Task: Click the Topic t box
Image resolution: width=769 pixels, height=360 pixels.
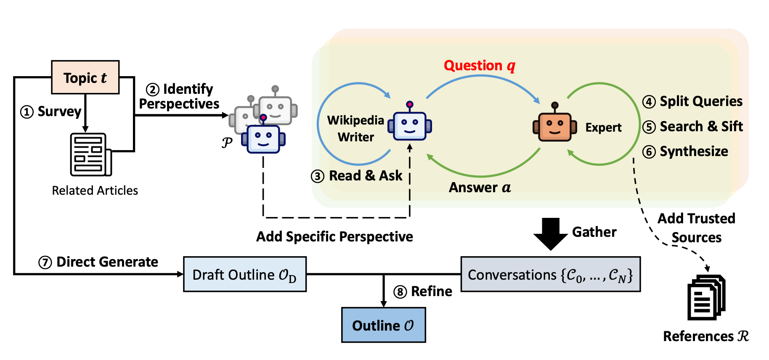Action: (85, 77)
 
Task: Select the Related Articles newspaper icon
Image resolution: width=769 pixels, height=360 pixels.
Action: (91, 154)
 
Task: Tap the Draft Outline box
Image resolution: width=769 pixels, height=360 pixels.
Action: (245, 274)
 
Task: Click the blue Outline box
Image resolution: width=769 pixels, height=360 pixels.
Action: (384, 325)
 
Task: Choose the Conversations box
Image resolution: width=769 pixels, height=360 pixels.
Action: (551, 274)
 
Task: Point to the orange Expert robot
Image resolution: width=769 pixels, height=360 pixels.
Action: (554, 122)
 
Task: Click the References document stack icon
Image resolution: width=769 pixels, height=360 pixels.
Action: (707, 297)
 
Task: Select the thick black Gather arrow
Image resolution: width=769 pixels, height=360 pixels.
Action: (551, 234)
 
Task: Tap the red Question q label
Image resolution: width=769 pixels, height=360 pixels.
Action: (480, 66)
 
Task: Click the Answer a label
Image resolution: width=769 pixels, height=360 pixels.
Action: (480, 187)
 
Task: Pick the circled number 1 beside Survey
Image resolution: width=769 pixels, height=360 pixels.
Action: (27, 112)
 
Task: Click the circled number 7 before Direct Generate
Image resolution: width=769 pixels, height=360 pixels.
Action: (45, 262)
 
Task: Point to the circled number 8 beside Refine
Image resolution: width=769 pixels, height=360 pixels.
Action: (400, 292)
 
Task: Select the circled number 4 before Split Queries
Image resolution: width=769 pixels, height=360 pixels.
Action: (649, 102)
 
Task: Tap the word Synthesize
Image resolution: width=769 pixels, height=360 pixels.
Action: (694, 151)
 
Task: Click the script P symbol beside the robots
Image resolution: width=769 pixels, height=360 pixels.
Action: (227, 143)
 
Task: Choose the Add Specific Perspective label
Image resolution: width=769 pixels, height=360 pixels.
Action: (335, 237)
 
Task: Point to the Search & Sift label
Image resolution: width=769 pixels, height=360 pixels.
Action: (701, 126)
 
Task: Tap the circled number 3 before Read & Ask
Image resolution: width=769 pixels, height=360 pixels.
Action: (318, 176)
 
